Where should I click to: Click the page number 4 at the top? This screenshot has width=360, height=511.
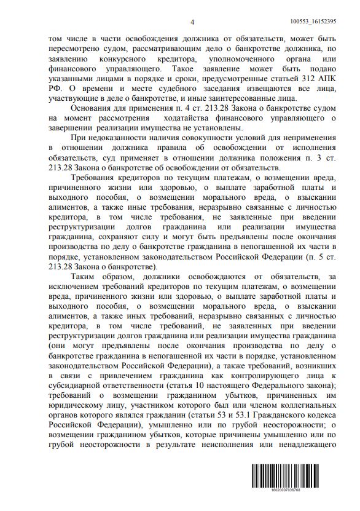click(x=192, y=23)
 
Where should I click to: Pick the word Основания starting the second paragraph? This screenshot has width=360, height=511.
click(x=92, y=108)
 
